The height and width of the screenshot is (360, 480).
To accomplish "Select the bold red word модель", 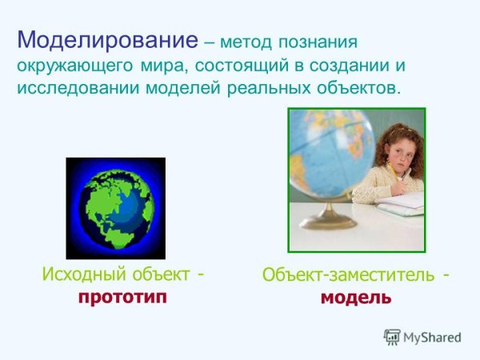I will pos(356,298).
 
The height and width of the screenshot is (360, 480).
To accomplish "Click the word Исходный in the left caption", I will pos(77,274).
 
